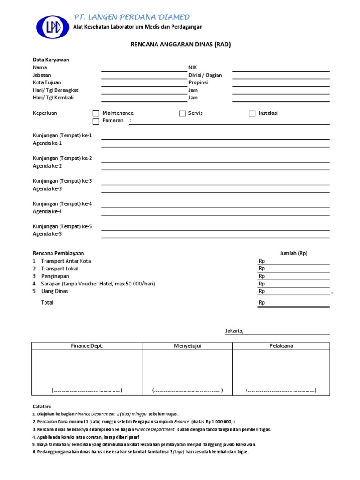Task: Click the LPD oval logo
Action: [x=52, y=28]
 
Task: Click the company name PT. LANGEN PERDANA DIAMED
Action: [x=132, y=17]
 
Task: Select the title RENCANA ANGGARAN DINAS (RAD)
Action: [x=180, y=45]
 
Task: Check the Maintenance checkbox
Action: [x=96, y=113]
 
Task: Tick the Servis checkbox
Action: [x=182, y=113]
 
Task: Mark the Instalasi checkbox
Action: [x=252, y=113]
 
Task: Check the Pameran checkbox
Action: [x=96, y=121]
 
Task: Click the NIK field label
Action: [x=193, y=67]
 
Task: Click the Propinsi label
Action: [x=198, y=82]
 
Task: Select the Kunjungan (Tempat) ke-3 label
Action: [x=62, y=181]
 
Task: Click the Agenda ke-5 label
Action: [x=47, y=234]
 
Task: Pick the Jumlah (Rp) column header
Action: [x=293, y=253]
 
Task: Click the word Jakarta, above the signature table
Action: [x=234, y=331]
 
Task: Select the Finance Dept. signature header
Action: [x=87, y=346]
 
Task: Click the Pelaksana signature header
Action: [x=281, y=346]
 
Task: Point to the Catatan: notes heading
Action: [x=42, y=406]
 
